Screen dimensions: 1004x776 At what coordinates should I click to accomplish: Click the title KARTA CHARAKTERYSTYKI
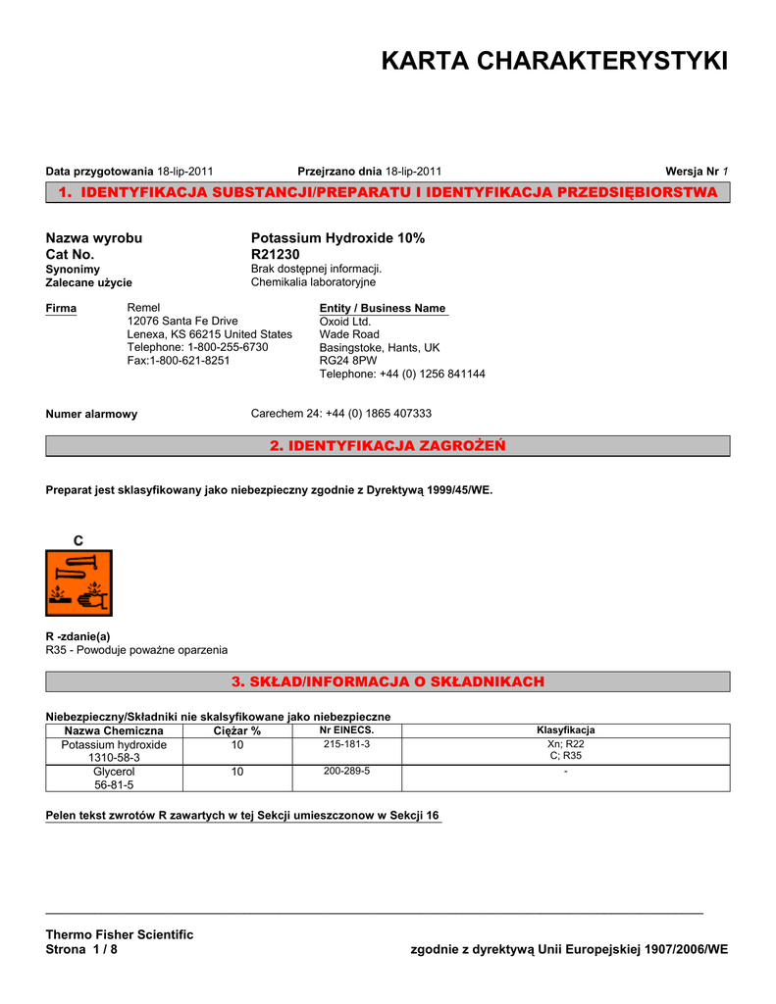click(554, 61)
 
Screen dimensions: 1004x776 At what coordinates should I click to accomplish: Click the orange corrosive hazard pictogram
click(78, 582)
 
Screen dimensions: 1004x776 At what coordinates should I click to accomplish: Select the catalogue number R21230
click(276, 254)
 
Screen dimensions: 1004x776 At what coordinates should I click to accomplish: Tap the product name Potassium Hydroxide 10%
click(337, 238)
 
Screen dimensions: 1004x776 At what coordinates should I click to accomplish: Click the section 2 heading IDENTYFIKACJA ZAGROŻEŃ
click(388, 446)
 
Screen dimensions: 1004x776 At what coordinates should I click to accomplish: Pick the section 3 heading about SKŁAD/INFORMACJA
click(388, 681)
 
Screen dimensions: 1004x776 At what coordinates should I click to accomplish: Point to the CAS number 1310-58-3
click(114, 758)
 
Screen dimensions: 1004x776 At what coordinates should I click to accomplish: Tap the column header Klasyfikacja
click(565, 730)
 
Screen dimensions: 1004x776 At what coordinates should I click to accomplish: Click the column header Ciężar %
click(236, 731)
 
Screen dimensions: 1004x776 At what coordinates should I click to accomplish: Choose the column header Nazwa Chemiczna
click(114, 731)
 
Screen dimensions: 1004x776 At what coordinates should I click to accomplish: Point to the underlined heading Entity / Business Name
click(383, 308)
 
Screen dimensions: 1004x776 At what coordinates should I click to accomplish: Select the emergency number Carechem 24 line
click(341, 414)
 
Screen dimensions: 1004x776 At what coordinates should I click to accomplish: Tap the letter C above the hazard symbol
click(78, 540)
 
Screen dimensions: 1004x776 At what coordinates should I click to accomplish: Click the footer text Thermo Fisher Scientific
click(120, 934)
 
